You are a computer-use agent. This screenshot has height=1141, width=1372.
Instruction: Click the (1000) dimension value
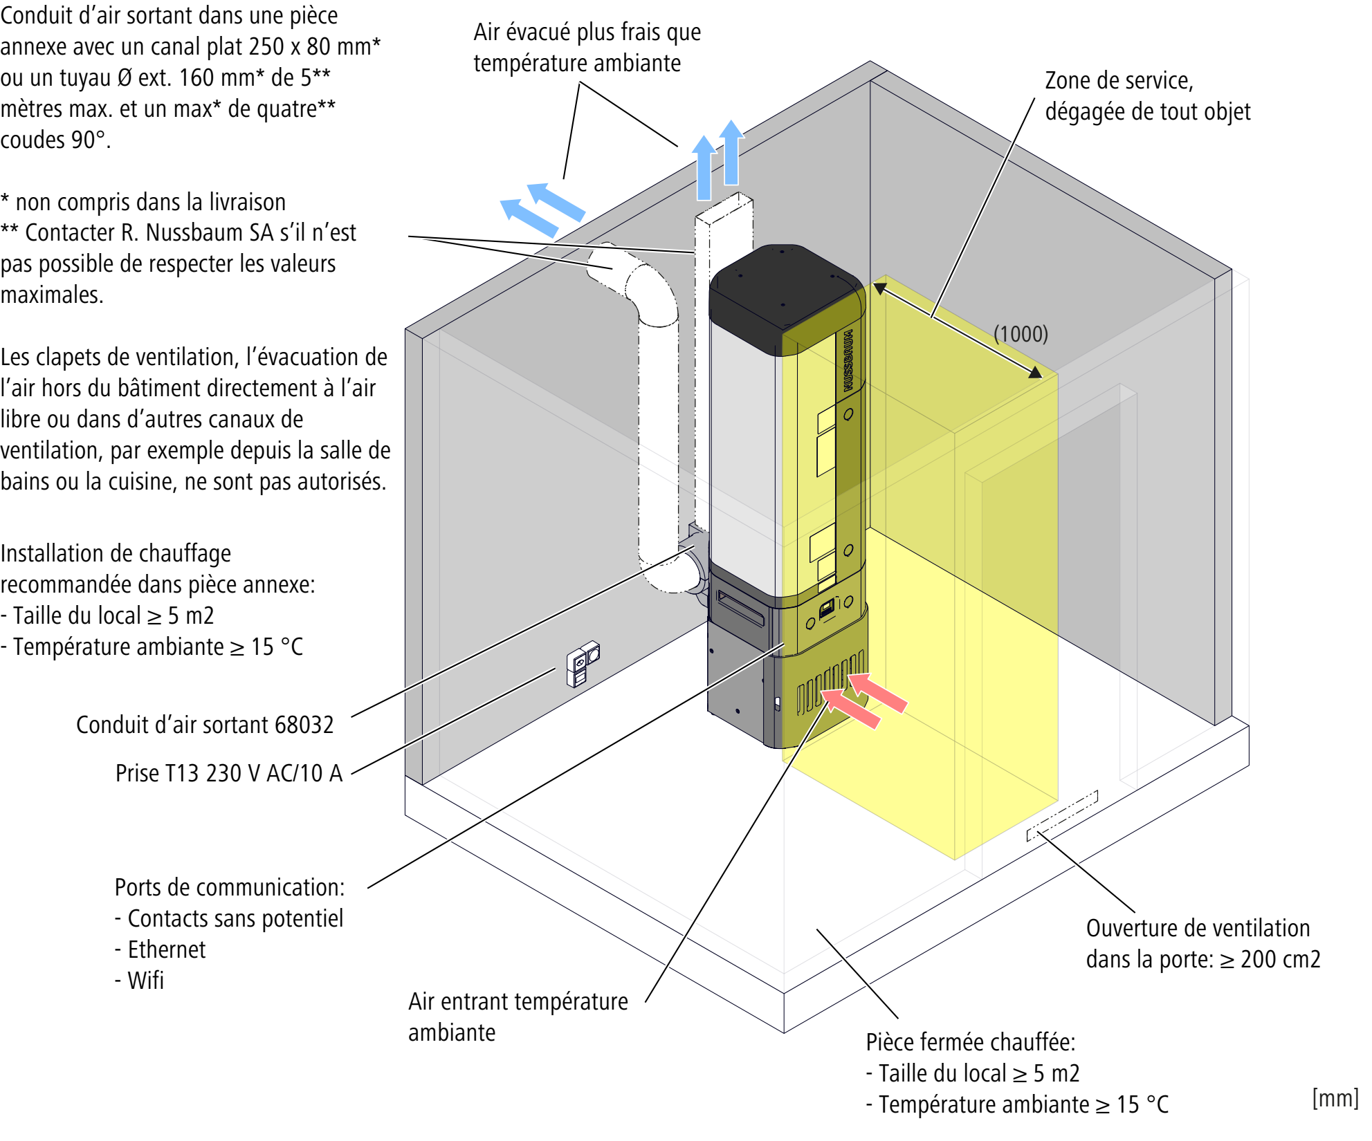[1021, 334]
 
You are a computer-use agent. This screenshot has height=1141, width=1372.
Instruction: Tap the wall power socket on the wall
[583, 663]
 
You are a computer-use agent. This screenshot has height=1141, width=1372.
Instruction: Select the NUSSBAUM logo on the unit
[848, 360]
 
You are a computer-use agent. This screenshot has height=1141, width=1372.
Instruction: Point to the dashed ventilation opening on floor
[1062, 816]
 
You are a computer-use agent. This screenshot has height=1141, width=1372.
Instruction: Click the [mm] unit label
[1335, 1098]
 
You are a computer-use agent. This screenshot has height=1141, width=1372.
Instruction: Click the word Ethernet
[167, 949]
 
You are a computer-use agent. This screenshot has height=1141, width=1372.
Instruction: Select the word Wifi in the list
[146, 981]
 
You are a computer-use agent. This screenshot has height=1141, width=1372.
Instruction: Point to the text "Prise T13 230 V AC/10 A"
[229, 773]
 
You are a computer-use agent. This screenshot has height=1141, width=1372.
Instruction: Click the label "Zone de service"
[1119, 81]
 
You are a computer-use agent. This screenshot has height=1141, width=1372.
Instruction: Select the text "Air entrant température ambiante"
[518, 1016]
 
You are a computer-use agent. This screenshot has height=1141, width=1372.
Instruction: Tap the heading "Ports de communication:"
[229, 887]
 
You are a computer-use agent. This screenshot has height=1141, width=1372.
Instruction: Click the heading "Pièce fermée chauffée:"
[970, 1042]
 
